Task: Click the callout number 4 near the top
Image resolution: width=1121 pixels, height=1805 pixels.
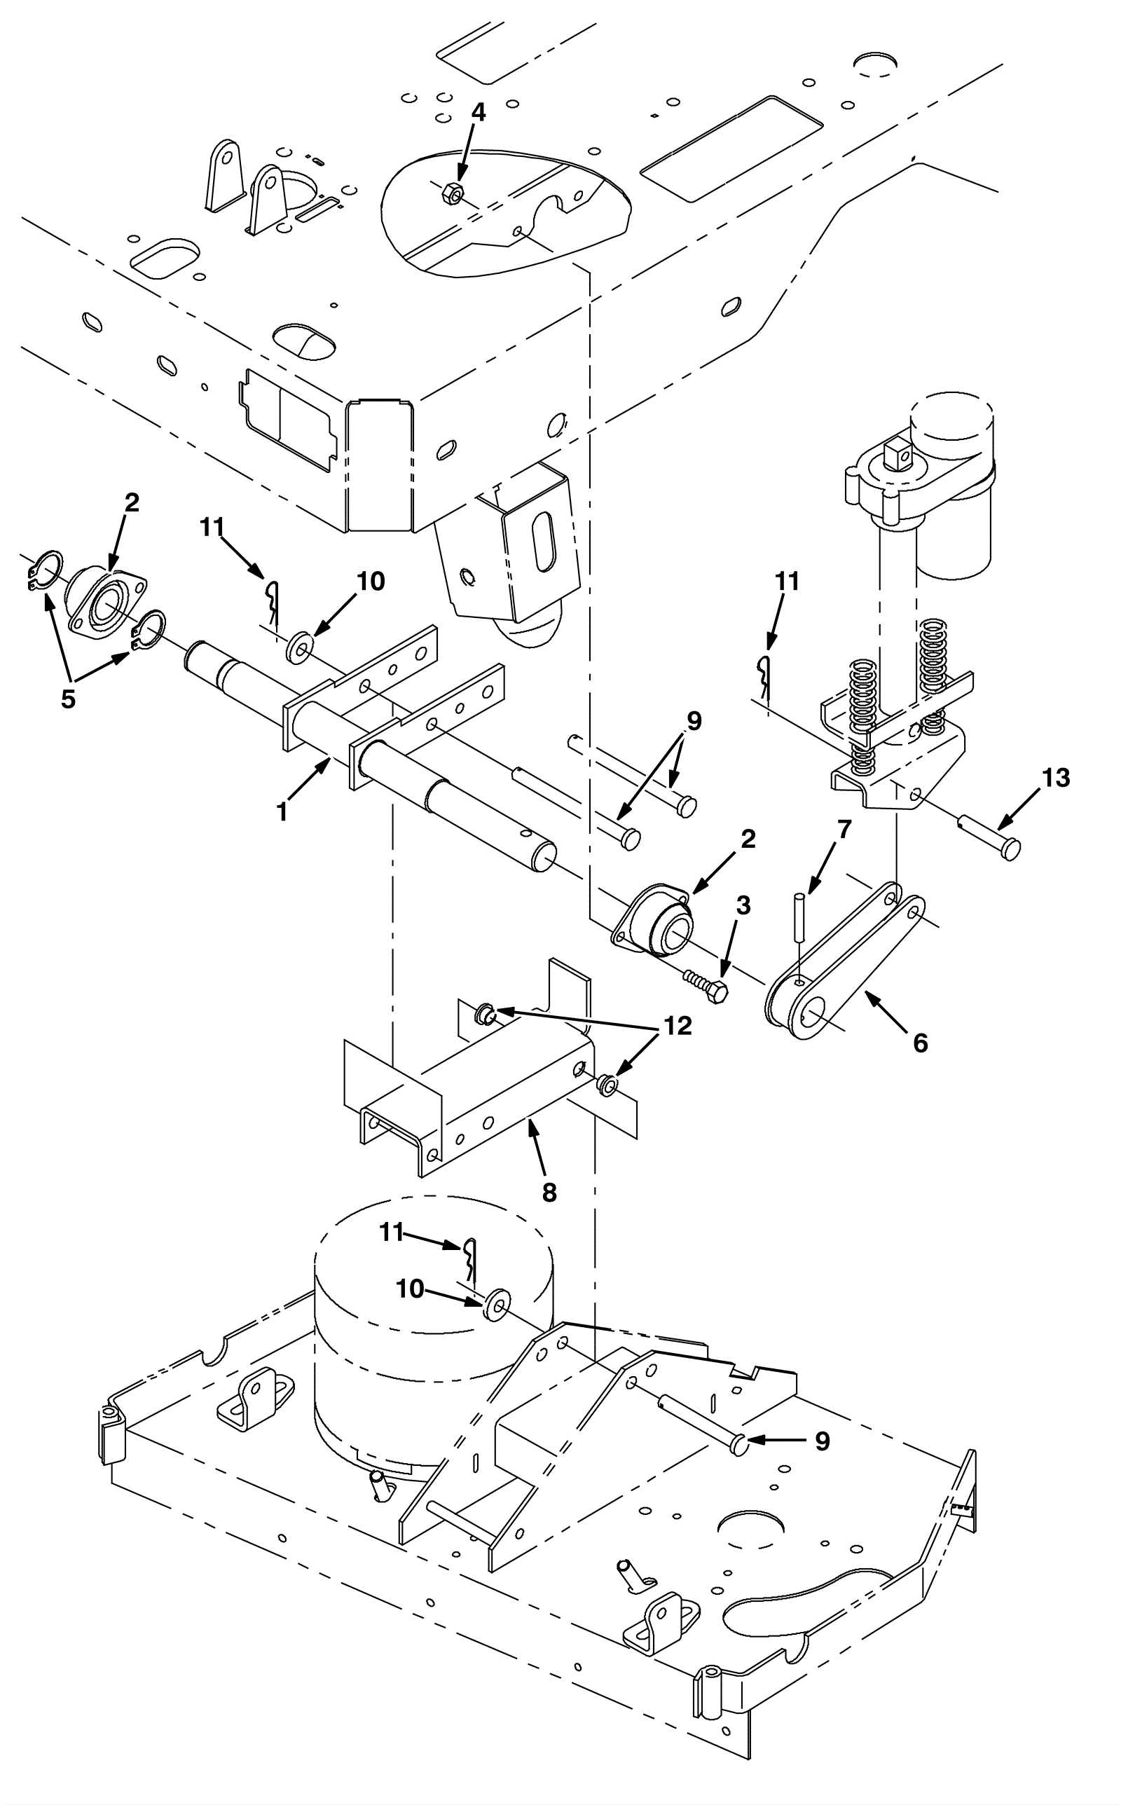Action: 479,113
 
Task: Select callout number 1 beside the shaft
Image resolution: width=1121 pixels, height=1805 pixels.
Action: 282,812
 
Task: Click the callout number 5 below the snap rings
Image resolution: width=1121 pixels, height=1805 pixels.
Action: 68,699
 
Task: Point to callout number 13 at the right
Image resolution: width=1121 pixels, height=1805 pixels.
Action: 1056,778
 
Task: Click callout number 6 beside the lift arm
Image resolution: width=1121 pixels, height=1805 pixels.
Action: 920,1042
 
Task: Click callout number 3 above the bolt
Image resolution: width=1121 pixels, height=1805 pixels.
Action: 743,905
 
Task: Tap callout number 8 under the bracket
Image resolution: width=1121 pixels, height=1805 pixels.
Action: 549,1192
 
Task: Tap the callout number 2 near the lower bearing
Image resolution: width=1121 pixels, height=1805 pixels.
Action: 748,839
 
